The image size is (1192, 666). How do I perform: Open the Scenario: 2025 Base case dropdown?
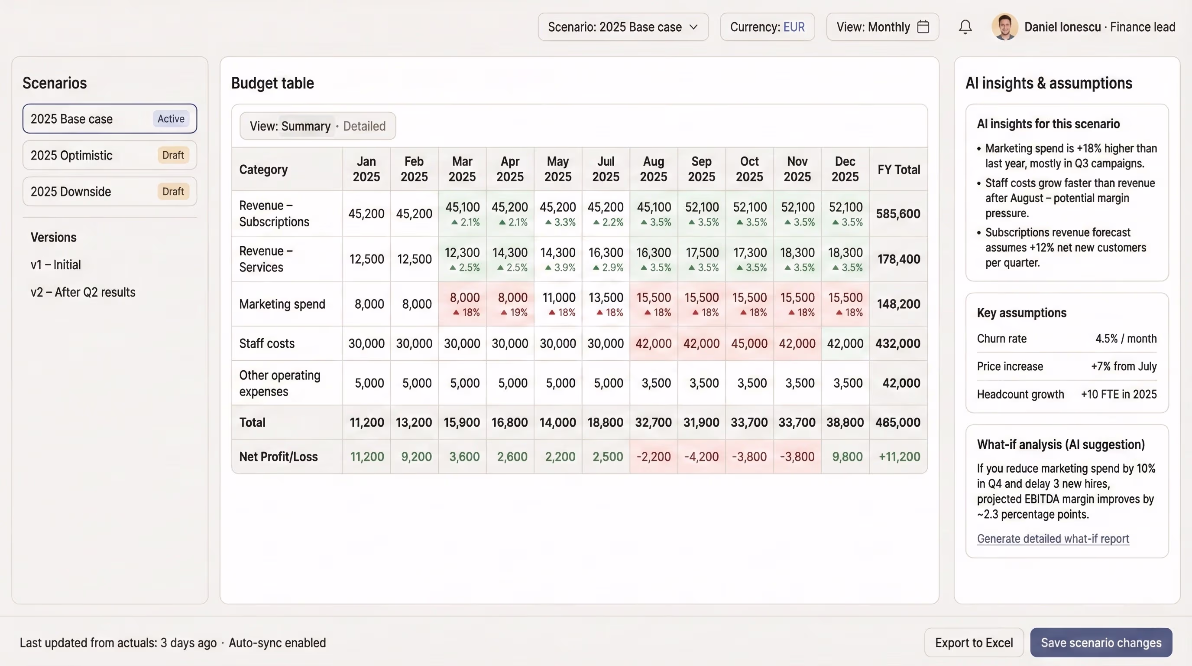click(x=623, y=27)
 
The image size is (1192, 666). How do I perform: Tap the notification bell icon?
click(x=965, y=27)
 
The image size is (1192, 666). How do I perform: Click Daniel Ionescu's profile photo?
click(x=1004, y=27)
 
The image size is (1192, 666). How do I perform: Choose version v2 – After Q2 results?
click(x=83, y=292)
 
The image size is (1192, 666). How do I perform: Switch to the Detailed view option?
click(x=364, y=126)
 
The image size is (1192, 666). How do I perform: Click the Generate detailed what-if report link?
click(x=1053, y=539)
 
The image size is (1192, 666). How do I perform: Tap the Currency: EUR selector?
click(x=767, y=27)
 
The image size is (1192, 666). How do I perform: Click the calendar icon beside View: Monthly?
click(x=923, y=27)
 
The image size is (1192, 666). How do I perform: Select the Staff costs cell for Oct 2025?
click(x=749, y=343)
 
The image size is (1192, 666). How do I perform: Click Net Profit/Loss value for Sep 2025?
click(x=701, y=457)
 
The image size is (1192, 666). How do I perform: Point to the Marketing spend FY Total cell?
click(x=898, y=304)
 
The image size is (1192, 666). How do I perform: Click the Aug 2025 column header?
click(x=653, y=169)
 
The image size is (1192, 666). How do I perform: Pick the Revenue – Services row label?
click(x=266, y=259)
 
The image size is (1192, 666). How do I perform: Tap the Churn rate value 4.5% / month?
click(x=1125, y=339)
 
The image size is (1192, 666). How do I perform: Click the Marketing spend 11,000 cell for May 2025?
click(x=558, y=304)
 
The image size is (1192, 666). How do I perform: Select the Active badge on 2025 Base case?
click(x=171, y=118)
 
